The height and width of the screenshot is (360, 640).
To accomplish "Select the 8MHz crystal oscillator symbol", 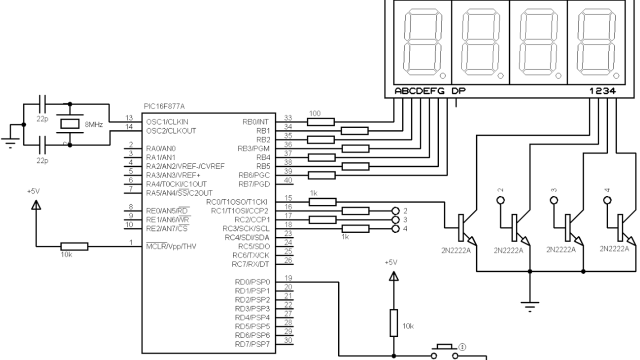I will (x=68, y=123).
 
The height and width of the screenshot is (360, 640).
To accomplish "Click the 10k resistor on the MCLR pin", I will (x=73, y=244).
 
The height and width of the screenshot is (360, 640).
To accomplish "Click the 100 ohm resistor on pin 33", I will (x=316, y=122).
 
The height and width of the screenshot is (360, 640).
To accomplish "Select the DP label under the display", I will (x=459, y=91).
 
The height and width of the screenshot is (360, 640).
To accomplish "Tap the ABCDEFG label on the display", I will (x=420, y=91).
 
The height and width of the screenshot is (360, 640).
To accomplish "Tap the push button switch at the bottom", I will (x=441, y=349).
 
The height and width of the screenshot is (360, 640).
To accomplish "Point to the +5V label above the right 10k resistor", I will (x=392, y=262).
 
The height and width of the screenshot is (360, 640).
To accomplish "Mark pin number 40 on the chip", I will (x=288, y=180).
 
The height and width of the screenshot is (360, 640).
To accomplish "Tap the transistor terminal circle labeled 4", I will (x=396, y=229).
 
